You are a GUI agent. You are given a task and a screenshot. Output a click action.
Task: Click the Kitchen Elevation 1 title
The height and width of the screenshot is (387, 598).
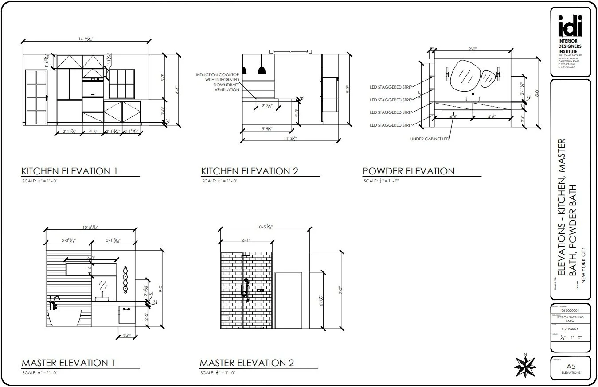click(69, 171)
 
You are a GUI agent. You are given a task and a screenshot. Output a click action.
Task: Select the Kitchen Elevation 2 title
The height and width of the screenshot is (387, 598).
click(249, 171)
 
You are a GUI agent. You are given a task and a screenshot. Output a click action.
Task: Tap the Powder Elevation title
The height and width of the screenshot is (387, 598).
click(408, 171)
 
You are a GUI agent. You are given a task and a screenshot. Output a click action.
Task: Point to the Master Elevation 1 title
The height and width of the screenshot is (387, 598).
click(68, 363)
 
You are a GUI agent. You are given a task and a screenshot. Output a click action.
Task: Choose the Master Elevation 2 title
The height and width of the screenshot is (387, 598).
click(247, 363)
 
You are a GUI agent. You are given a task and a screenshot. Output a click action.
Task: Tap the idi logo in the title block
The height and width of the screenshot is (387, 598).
click(570, 27)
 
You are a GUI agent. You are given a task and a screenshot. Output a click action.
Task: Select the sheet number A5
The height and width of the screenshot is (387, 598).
click(571, 367)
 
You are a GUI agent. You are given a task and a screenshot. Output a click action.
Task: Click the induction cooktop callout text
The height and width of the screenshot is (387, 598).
click(218, 82)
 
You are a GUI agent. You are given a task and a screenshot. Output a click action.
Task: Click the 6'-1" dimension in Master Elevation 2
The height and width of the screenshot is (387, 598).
click(246, 240)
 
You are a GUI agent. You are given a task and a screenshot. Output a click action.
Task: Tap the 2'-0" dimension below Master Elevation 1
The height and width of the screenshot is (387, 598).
click(127, 336)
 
